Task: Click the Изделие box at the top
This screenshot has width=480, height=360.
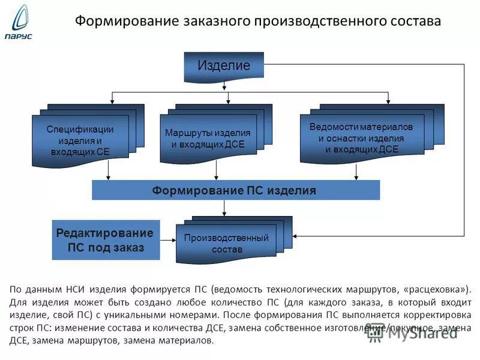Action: point(224,66)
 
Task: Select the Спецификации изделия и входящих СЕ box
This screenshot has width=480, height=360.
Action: point(80,140)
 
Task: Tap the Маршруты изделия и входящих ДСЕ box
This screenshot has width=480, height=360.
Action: point(208,139)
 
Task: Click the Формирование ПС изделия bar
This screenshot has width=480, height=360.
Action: point(235,190)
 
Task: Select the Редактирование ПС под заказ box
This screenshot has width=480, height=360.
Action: point(106,240)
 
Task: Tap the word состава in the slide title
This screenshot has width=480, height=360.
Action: point(414,21)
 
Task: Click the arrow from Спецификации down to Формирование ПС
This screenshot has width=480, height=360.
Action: point(108,172)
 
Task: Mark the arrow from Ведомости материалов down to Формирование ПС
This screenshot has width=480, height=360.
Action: point(356,172)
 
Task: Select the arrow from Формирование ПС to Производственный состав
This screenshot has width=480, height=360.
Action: point(224,208)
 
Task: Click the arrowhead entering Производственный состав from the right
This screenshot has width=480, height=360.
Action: point(296,235)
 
